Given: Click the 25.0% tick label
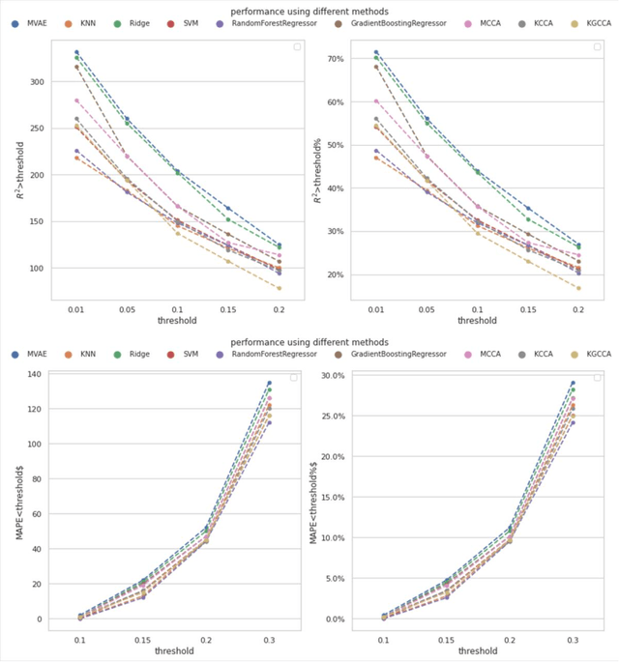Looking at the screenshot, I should tap(330, 416).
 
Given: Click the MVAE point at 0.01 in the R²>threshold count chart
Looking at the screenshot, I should tap(76, 52).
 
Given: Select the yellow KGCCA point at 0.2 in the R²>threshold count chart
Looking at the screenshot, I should tap(279, 288).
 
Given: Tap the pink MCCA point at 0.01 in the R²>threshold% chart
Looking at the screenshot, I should tap(376, 101).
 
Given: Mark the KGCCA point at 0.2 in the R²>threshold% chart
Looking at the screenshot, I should tap(578, 288).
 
